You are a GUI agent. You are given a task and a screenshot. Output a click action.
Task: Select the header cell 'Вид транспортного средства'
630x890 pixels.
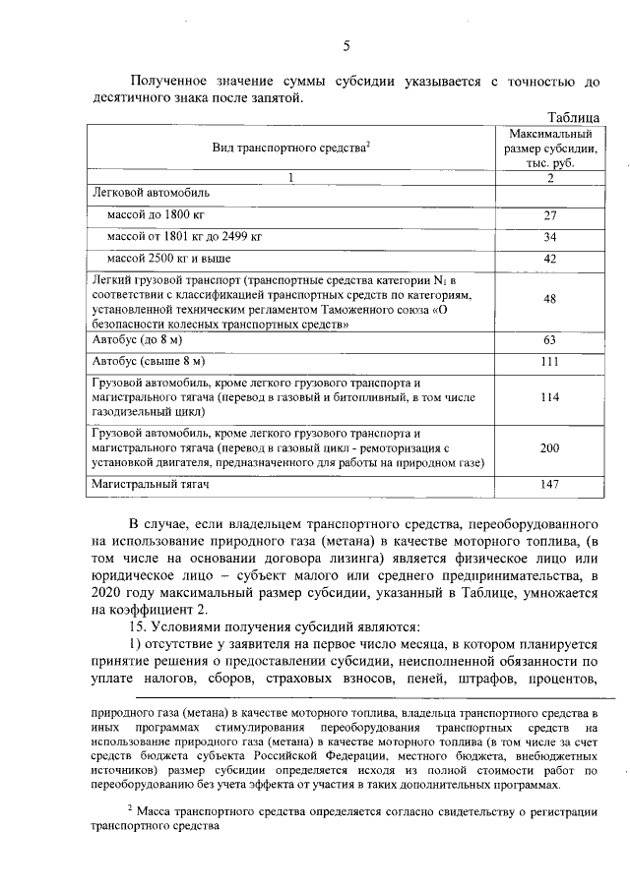(x=290, y=148)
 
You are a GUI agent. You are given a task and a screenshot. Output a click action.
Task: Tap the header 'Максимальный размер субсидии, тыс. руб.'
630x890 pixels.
(x=550, y=148)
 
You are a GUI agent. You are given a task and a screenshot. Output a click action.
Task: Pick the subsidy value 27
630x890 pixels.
(x=550, y=214)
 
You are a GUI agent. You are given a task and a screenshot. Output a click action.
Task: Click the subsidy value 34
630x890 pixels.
(x=550, y=237)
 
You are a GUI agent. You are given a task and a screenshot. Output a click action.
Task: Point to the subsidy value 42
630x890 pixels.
(x=550, y=259)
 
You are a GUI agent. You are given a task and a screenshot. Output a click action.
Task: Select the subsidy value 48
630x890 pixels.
(x=550, y=299)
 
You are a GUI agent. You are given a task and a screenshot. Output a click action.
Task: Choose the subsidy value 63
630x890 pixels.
(x=550, y=340)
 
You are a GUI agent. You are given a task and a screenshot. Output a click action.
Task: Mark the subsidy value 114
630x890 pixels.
(x=550, y=397)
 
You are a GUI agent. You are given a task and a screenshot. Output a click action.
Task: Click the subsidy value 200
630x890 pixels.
(x=550, y=448)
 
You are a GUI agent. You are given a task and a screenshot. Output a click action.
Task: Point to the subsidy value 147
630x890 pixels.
(x=550, y=485)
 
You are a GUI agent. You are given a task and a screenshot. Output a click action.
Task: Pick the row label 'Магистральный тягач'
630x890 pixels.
(x=151, y=485)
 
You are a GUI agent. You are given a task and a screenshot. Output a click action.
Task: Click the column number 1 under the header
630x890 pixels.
(x=290, y=178)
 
